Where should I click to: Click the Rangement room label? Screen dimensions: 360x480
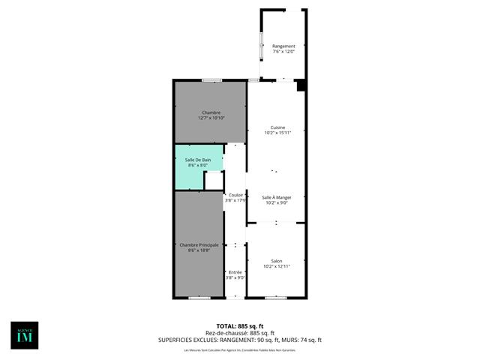click(x=283, y=46)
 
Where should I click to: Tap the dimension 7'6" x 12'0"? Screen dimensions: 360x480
click(x=283, y=52)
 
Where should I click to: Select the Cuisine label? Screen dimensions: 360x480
click(x=277, y=127)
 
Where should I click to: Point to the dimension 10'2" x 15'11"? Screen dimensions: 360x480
click(x=277, y=133)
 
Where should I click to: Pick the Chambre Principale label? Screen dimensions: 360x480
click(x=199, y=244)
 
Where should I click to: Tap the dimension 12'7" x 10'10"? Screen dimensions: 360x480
click(x=211, y=118)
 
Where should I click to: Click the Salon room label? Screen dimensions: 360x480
click(x=277, y=261)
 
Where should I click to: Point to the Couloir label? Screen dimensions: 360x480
click(x=235, y=195)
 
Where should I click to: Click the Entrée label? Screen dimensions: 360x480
click(x=235, y=272)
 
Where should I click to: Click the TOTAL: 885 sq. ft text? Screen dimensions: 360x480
click(x=240, y=326)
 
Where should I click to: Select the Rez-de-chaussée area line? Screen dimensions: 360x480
click(x=240, y=333)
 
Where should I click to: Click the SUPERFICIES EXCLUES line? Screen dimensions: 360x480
click(x=240, y=340)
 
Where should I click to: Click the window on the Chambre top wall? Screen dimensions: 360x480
click(x=211, y=79)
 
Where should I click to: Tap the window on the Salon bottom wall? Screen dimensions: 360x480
click(x=275, y=298)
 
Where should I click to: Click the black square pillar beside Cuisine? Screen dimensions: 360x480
click(x=301, y=85)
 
